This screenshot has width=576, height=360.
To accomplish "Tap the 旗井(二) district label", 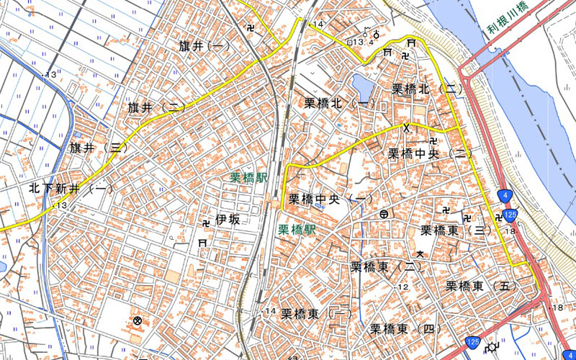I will point(156,107).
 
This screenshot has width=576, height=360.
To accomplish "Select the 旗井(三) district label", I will point(99,148).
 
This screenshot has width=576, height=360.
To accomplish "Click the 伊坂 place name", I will point(227,220).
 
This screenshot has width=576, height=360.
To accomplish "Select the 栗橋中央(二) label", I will point(430,153).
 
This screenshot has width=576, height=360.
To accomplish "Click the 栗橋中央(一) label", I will point(330,198).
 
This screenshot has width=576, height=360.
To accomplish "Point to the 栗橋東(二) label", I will point(386,267).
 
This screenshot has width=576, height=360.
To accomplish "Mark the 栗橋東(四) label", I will point(406,329).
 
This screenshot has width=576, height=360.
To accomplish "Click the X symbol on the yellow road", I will point(407,127).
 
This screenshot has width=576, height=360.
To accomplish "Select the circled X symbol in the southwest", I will point(137,320).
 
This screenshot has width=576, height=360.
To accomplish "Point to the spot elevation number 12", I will point(403,287).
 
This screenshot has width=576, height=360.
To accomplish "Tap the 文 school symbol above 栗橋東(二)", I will point(420,253).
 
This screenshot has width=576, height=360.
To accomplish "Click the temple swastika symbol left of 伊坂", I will point(204,223).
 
